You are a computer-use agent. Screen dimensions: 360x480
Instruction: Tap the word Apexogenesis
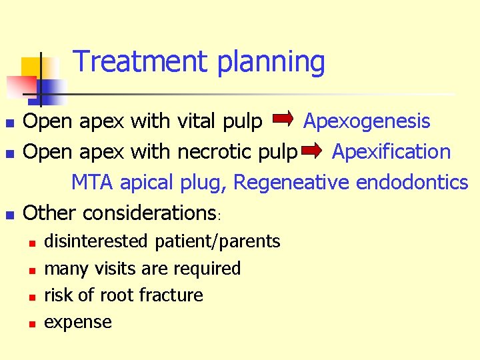[x=367, y=121]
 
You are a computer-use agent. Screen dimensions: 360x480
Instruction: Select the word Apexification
[x=391, y=152]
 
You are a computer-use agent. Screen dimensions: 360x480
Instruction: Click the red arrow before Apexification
[x=311, y=151]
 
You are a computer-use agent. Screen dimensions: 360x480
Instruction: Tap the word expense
[x=77, y=323]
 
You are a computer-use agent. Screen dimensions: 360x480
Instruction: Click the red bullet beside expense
[x=31, y=323]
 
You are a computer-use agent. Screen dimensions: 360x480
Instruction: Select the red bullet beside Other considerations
[x=9, y=215]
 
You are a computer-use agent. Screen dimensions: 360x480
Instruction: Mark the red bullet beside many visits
[x=31, y=269]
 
